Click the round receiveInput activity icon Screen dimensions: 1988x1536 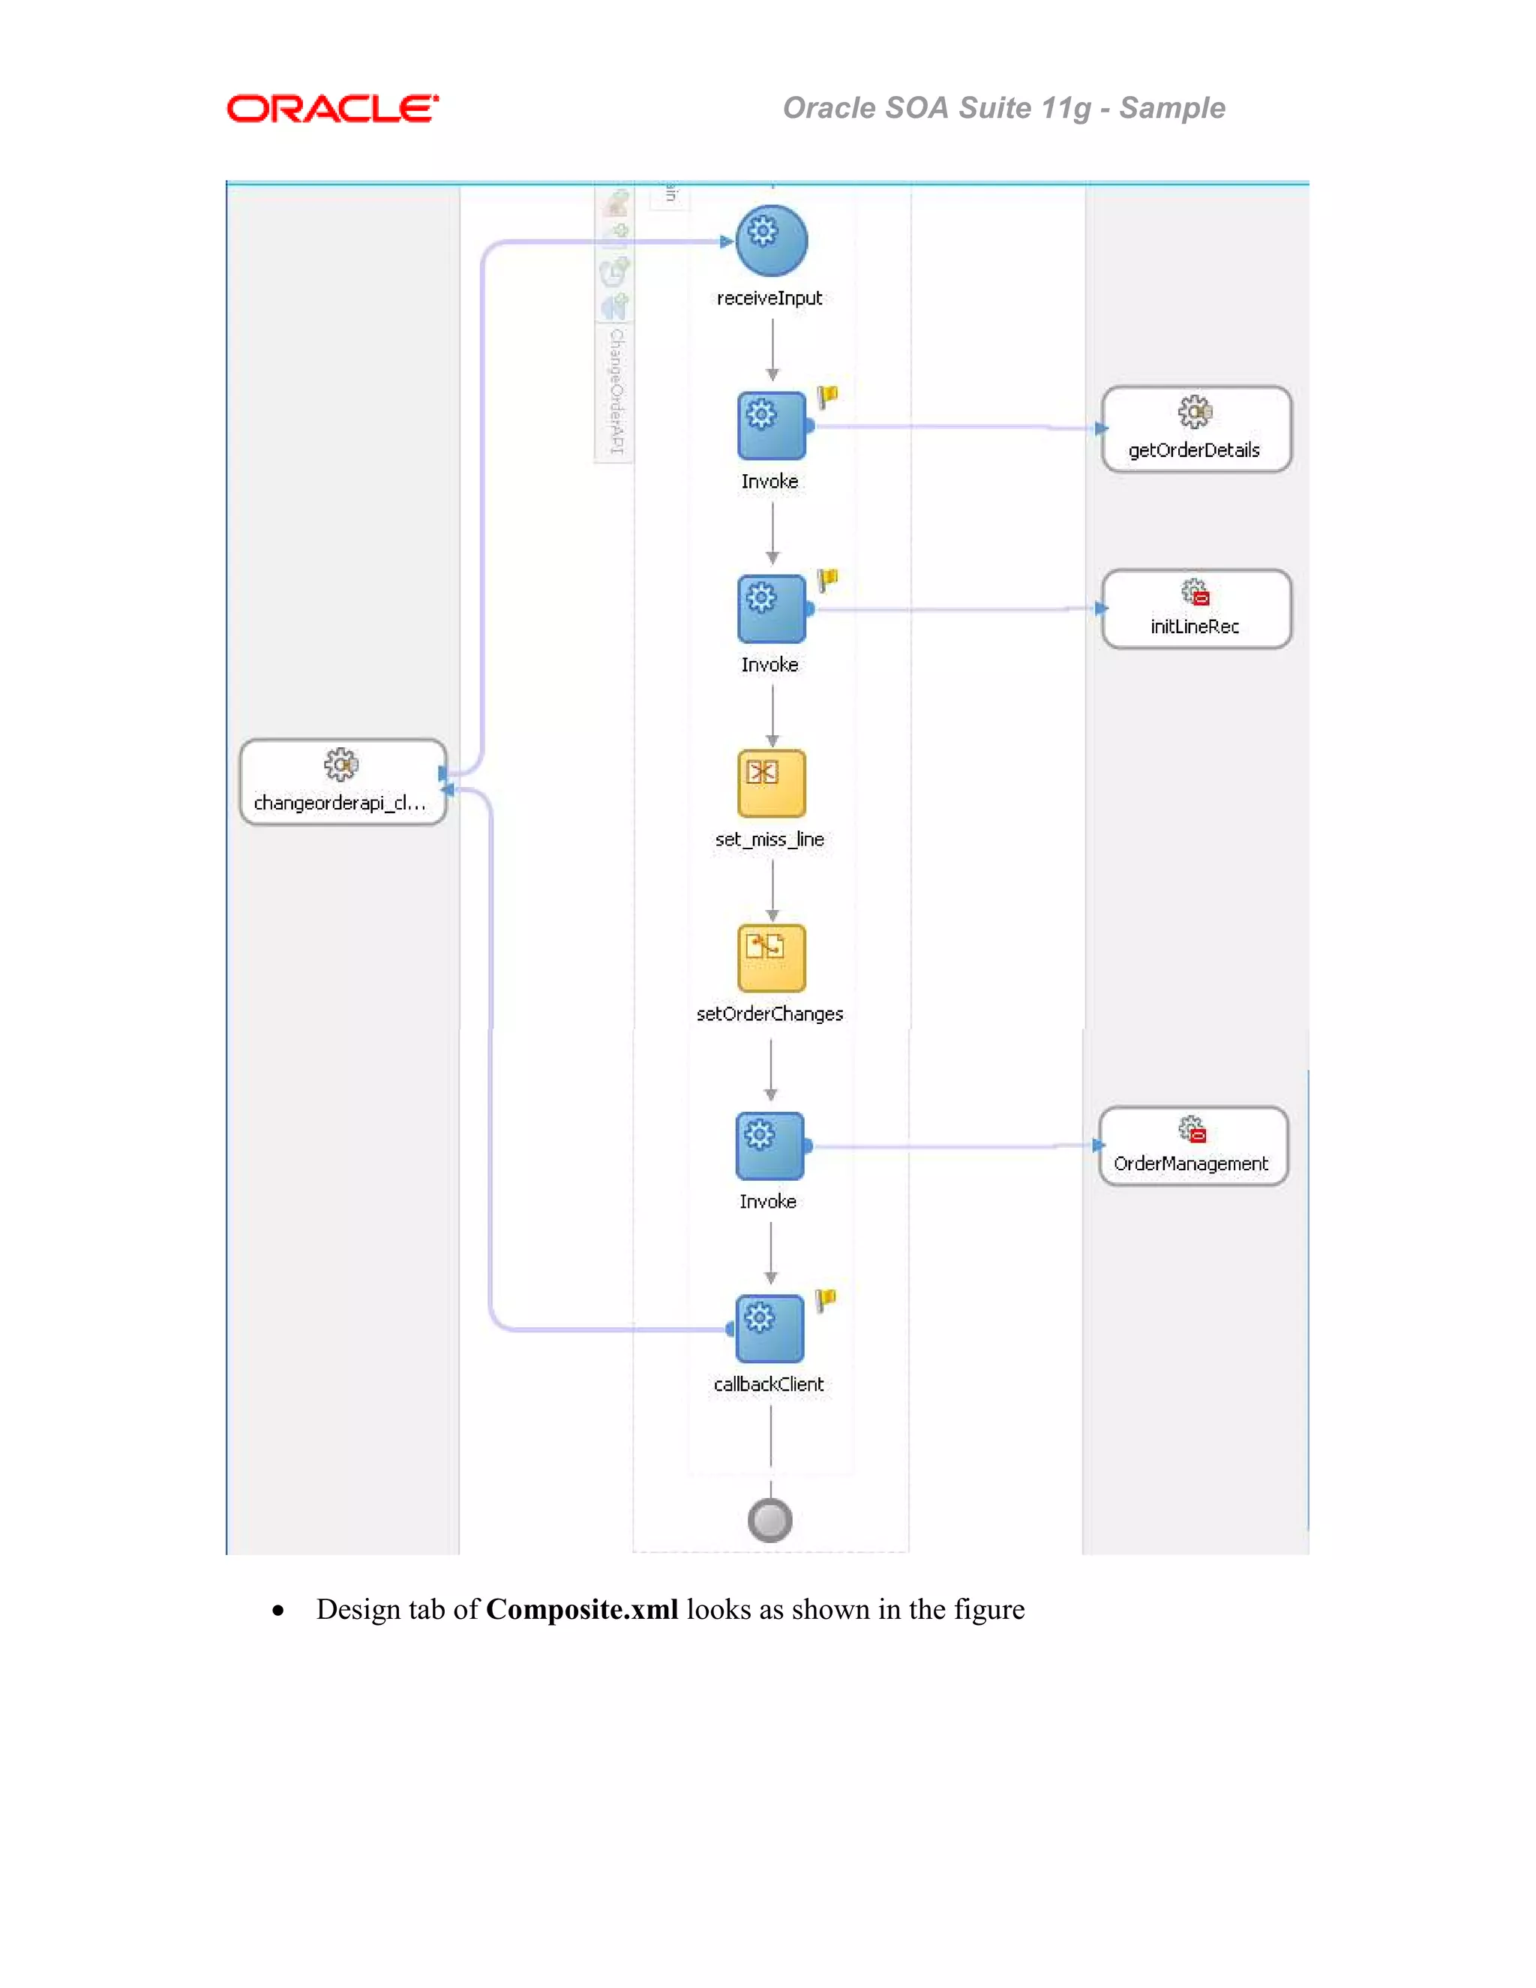[x=771, y=240]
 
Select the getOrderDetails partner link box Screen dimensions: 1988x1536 [x=1195, y=428]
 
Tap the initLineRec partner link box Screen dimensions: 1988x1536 [x=1195, y=609]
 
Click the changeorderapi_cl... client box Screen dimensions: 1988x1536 [x=342, y=782]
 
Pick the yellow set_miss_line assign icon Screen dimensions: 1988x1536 [x=771, y=782]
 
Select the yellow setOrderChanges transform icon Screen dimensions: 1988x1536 [x=771, y=957]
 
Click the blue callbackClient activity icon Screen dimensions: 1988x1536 [x=769, y=1328]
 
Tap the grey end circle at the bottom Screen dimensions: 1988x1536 [x=769, y=1520]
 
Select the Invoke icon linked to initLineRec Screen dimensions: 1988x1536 [x=771, y=608]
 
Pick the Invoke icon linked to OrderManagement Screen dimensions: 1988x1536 [x=769, y=1145]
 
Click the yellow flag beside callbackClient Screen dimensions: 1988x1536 [x=825, y=1300]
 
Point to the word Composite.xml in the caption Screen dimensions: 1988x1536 [x=581, y=1609]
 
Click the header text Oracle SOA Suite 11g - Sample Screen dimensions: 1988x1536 [x=1003, y=108]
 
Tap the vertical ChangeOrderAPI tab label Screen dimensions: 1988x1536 [x=616, y=391]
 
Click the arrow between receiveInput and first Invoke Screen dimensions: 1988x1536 [x=772, y=350]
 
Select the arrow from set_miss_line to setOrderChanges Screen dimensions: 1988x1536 [x=772, y=891]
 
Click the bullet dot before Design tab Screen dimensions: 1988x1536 [x=278, y=1611]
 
